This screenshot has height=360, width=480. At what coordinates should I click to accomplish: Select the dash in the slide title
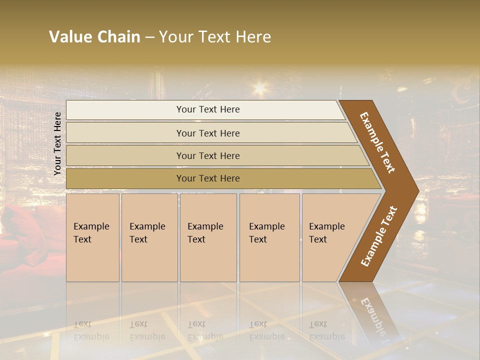point(149,37)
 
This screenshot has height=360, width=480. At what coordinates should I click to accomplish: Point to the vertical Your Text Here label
point(57,143)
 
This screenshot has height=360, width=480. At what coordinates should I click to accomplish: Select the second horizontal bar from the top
point(207,133)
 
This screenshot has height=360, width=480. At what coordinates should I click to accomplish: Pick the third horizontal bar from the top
point(207,155)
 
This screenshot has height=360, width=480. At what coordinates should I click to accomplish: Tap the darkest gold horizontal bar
point(207,178)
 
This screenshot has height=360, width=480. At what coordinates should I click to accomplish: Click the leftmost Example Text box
point(92,237)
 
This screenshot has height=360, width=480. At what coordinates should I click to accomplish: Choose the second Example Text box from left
point(149,237)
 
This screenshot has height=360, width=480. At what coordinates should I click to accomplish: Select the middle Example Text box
point(208,237)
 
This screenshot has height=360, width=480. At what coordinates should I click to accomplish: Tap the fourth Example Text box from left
point(269,237)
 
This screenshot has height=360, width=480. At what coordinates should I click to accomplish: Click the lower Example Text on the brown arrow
point(379,236)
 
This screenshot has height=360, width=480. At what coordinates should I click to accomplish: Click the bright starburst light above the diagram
point(260,89)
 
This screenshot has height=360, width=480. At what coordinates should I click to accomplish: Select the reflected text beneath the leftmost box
point(91,330)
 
